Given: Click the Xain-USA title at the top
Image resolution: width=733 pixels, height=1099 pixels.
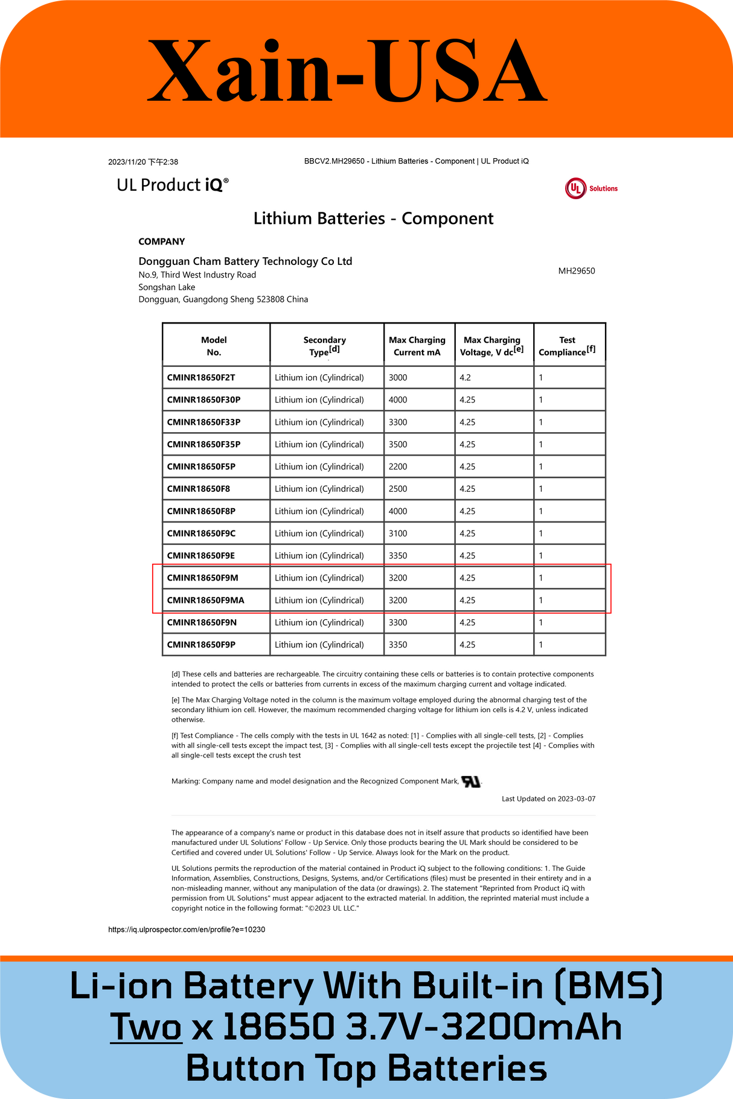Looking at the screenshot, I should coord(347,71).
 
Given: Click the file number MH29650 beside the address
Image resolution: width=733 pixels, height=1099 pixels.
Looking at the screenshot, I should coord(576,271).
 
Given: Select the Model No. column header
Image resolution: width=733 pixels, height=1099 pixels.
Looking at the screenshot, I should coord(214,346).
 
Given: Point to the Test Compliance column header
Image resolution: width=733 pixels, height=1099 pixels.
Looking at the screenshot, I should coord(567,346).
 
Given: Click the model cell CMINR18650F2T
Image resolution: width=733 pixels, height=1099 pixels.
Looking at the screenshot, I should coord(201,377).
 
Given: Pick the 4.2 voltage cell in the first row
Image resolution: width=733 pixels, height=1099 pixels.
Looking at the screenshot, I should coord(465,377).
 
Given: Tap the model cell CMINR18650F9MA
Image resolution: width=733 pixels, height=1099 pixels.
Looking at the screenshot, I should coord(205,600).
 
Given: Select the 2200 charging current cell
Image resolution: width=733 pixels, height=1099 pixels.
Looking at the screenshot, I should coord(398,467).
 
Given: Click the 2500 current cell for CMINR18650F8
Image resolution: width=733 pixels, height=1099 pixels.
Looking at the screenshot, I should coord(398,489).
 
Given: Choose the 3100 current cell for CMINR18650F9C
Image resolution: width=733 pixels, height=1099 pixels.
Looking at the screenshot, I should coord(398,534).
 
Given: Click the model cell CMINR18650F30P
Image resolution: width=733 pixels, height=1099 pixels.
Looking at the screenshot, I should coord(203,400).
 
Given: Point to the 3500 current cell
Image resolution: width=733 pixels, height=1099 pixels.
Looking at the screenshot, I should coord(398,444).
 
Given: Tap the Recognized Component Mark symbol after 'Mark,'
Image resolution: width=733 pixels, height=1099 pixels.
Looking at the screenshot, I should coord(471,782).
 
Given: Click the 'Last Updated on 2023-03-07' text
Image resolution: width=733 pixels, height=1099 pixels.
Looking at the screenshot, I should coord(548,798).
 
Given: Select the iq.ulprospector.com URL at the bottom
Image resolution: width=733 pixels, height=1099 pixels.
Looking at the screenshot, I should coord(187,929).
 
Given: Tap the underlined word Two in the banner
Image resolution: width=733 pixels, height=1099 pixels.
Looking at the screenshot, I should coord(146,1027).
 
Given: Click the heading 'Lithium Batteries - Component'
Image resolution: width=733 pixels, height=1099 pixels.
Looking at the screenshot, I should coord(373,218).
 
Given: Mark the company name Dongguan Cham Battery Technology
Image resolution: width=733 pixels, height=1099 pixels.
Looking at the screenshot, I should coord(245,261).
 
